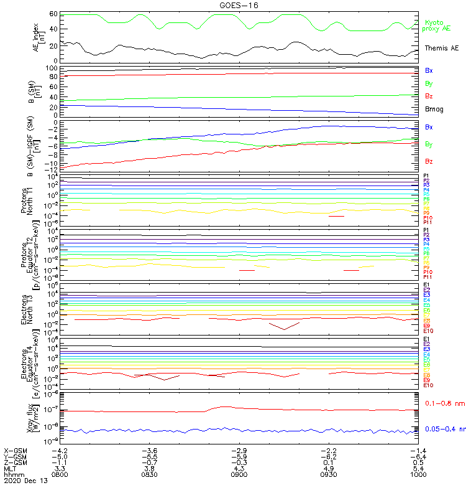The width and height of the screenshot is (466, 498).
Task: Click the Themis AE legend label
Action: [443, 48]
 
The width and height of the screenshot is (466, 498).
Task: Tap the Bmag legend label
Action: [434, 109]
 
